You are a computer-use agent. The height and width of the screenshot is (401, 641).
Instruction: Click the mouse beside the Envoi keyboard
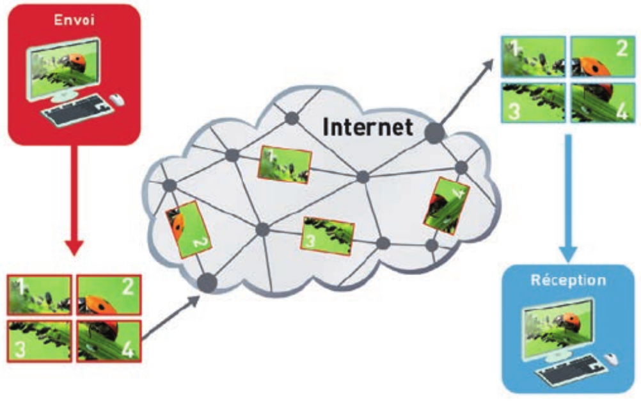tap(116, 99)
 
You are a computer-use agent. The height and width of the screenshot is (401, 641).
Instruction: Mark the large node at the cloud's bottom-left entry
tap(207, 281)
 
